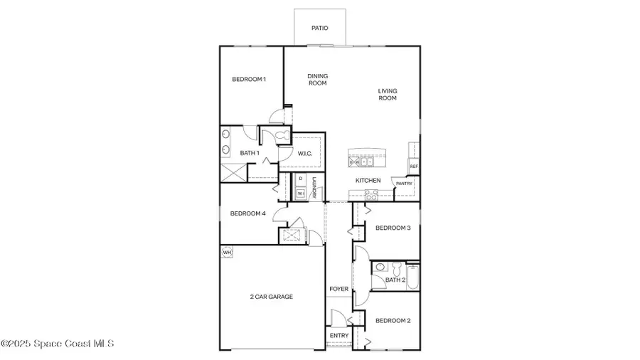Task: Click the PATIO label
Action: (x=320, y=28)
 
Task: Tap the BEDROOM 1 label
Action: (x=249, y=79)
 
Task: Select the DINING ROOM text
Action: (x=317, y=80)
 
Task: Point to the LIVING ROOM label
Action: (x=388, y=94)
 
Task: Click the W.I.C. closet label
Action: (x=306, y=153)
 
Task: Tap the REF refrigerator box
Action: (x=413, y=166)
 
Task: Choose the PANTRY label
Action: (x=404, y=184)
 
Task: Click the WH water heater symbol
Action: (x=227, y=252)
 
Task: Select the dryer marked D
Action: (x=301, y=179)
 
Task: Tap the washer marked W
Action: (x=301, y=193)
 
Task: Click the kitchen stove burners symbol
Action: (x=371, y=194)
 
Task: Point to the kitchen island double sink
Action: (x=362, y=162)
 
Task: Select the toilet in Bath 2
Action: (x=380, y=268)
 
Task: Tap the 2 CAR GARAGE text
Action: (x=271, y=297)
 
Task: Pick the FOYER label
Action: (x=338, y=290)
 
